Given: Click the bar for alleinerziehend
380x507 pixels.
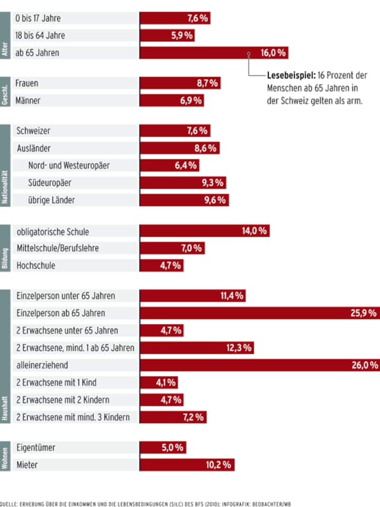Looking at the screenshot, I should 259,365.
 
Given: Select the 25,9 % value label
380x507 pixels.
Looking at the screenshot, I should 364,313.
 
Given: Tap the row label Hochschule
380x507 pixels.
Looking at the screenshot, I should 36,266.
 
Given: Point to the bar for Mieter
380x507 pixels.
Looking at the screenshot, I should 187,465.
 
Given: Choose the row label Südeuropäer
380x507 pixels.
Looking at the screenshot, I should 50,183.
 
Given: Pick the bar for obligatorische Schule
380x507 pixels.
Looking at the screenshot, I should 204,231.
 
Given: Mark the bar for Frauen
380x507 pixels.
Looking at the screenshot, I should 179,83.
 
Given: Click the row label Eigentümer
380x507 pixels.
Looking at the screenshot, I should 36,448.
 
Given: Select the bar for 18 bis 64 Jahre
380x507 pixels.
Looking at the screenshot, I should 167,36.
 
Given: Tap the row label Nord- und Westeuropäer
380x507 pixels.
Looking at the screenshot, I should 69,165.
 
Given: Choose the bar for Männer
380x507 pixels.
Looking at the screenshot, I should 172,100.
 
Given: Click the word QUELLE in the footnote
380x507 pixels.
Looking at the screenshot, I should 9,504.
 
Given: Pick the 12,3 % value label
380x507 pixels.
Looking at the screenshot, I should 240,348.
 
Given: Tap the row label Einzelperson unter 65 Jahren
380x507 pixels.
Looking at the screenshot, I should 65,296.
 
